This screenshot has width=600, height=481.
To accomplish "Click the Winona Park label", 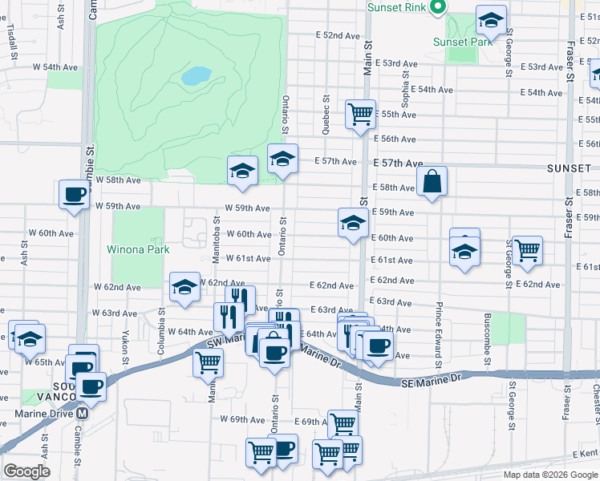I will click(138, 249).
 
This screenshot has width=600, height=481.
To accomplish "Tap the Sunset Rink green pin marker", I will click(438, 8).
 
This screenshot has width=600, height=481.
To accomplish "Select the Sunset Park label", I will click(462, 42).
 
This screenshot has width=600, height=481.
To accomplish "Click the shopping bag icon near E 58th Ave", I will click(432, 182).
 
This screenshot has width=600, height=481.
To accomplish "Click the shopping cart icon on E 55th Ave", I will click(361, 113).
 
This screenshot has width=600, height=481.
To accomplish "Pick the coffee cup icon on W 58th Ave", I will click(75, 195).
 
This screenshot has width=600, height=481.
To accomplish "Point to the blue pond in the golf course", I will click(196, 76).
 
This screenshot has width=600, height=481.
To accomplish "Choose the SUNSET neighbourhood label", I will click(569, 169).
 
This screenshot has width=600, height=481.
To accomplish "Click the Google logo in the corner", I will click(26, 471).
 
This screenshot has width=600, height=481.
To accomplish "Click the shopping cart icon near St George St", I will click(527, 250).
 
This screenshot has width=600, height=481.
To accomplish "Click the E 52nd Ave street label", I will click(337, 36).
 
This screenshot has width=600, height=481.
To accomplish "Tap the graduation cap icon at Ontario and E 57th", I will click(282, 160).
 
